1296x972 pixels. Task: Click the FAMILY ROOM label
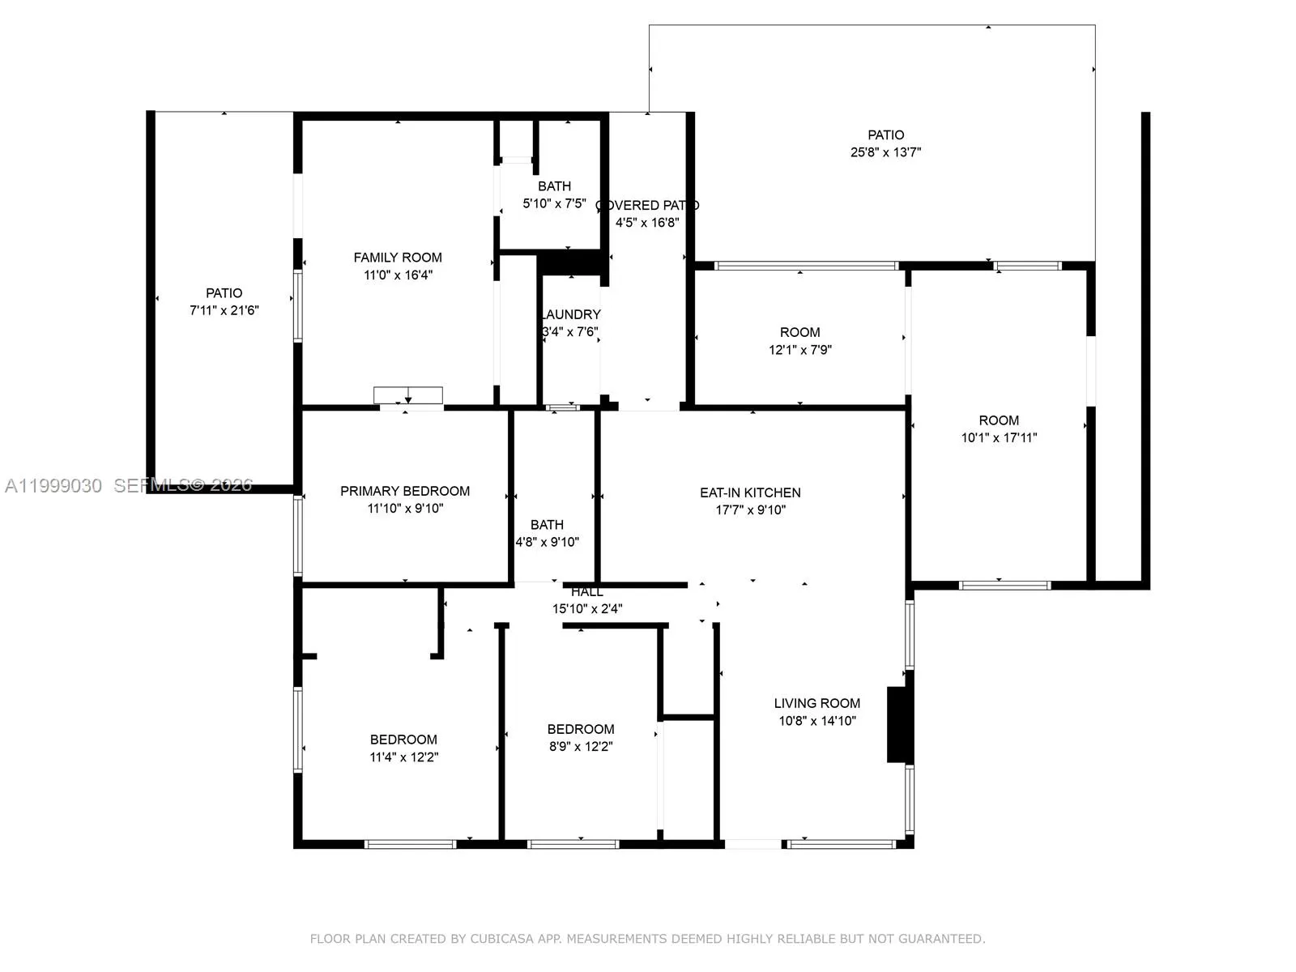click(398, 258)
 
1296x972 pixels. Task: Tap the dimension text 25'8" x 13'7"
click(885, 152)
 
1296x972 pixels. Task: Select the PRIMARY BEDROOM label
click(405, 491)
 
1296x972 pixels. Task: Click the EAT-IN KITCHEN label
click(750, 492)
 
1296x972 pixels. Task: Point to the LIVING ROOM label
click(816, 703)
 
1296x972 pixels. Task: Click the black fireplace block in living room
click(899, 724)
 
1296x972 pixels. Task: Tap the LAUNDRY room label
click(571, 314)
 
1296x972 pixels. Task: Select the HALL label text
click(586, 592)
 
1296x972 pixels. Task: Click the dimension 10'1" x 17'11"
click(999, 437)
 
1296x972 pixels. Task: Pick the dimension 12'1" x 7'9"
click(800, 350)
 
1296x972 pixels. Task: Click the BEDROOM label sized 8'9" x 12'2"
click(581, 729)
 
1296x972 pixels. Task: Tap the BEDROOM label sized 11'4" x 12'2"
click(403, 740)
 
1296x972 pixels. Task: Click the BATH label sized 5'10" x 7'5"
click(554, 186)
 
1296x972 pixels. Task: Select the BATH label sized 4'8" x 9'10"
click(547, 525)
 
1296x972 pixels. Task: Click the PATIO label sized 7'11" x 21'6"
click(224, 293)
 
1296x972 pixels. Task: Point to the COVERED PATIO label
click(647, 206)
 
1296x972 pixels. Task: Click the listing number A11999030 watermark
click(53, 485)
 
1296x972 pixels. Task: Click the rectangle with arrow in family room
click(408, 395)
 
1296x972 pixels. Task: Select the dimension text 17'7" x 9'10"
click(750, 509)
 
